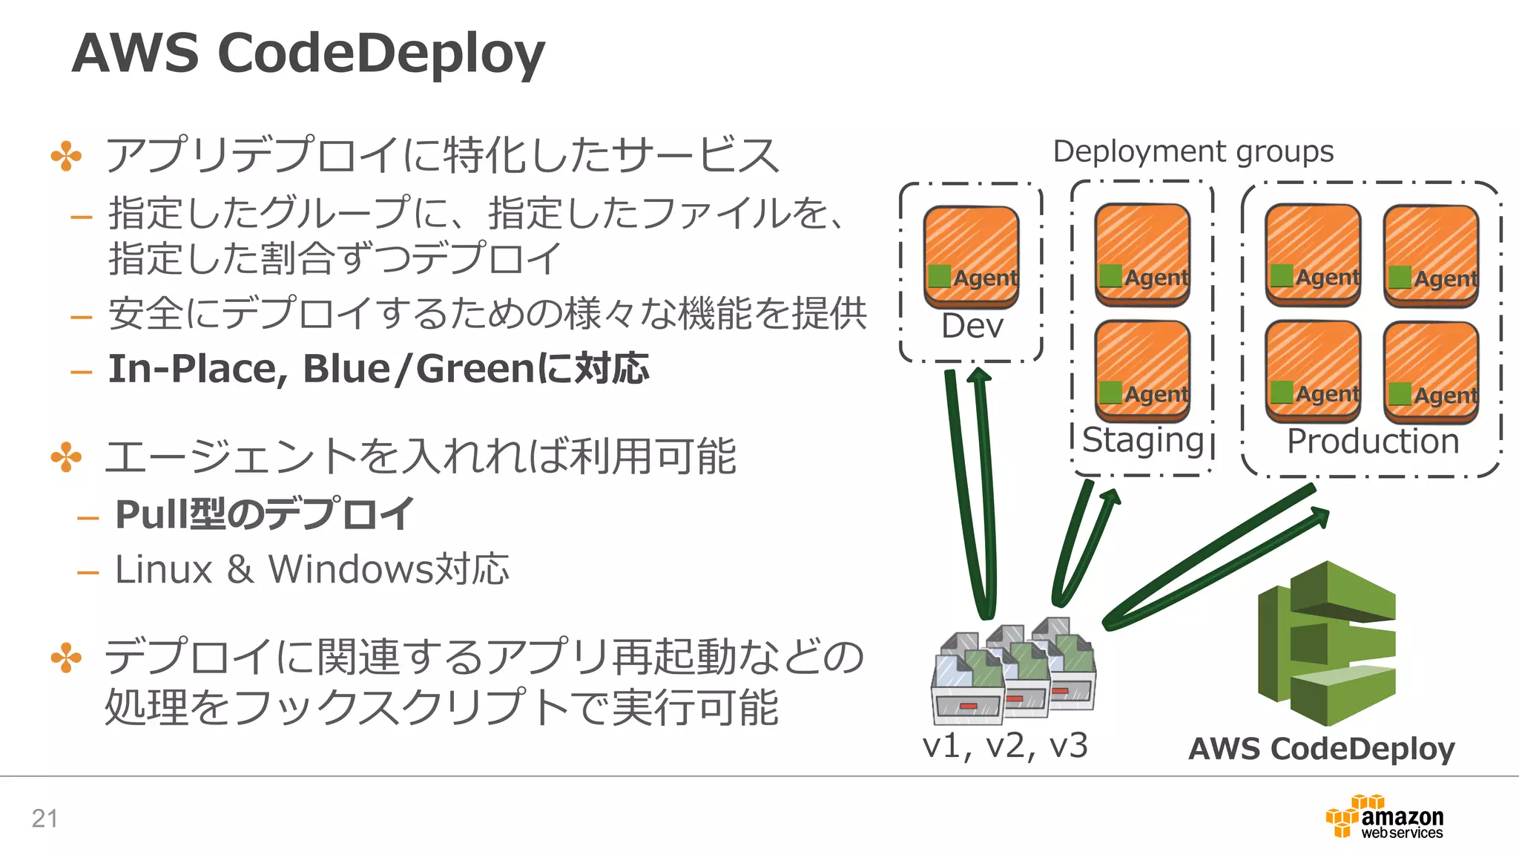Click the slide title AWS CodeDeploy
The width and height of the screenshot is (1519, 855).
point(308,53)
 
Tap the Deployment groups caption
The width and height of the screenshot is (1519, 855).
point(1193,151)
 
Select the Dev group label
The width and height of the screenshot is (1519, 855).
point(972,327)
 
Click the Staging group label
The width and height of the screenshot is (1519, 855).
point(1142,440)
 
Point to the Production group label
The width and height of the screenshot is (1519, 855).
point(1373,442)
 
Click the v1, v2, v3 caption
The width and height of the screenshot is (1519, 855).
point(1004,746)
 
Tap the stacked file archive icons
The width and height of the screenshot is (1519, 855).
point(1013,671)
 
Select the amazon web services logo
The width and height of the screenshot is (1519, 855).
point(1385,818)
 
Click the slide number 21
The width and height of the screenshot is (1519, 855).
point(45,819)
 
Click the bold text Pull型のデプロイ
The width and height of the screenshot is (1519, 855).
point(264,514)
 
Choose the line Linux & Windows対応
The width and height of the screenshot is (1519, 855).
point(312,570)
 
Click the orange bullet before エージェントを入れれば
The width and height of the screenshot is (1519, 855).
point(66,457)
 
